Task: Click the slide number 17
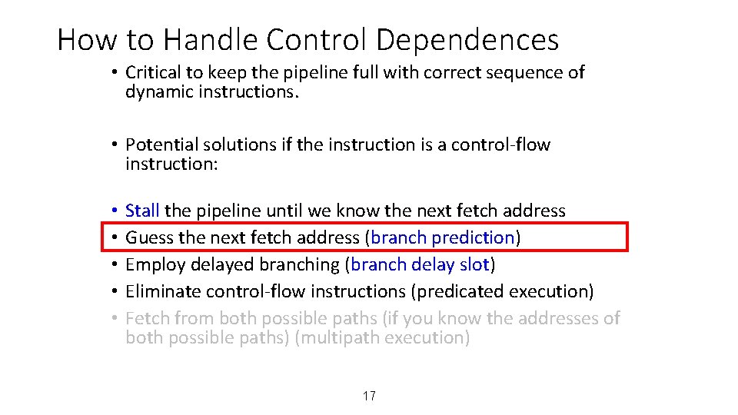tap(369, 396)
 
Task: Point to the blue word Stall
tap(142, 211)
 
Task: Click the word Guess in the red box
tap(149, 237)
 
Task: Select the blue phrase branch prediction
tap(442, 237)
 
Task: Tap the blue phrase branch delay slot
tap(420, 264)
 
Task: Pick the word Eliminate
tap(159, 291)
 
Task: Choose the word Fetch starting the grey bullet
tap(147, 318)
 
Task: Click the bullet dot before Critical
tap(112, 73)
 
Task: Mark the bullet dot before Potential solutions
tap(112, 145)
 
